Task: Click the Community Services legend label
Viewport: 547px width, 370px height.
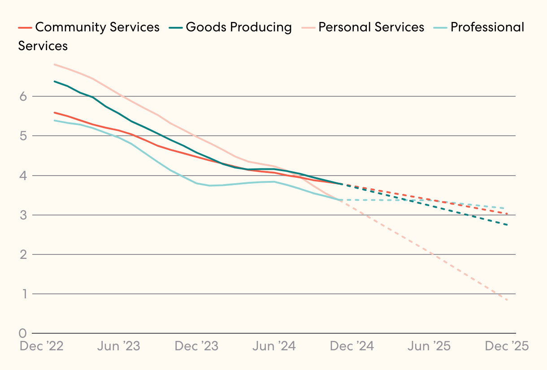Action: (x=97, y=27)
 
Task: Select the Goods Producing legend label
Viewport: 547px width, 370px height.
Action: (x=239, y=27)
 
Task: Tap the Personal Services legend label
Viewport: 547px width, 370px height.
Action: (x=371, y=27)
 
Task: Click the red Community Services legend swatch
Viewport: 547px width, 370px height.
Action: (x=25, y=28)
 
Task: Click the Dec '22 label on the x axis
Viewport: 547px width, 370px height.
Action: (x=41, y=346)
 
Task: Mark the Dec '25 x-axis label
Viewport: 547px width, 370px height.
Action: (x=507, y=346)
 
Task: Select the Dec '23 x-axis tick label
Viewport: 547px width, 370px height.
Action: (x=196, y=346)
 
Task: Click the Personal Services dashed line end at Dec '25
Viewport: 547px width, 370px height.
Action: (x=507, y=300)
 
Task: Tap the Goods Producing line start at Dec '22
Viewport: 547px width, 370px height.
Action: (x=54, y=82)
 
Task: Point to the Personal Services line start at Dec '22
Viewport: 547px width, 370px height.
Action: (x=54, y=65)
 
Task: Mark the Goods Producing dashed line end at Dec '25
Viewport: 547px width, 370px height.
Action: (x=507, y=225)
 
